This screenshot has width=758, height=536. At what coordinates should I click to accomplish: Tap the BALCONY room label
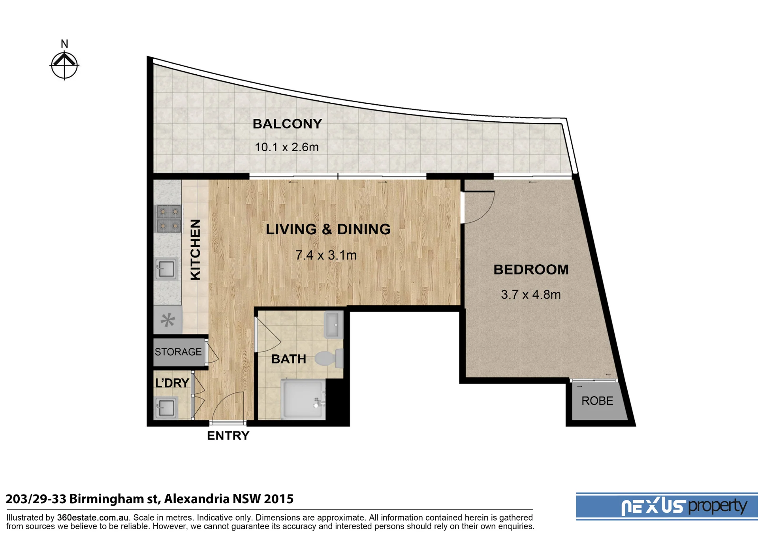click(x=287, y=124)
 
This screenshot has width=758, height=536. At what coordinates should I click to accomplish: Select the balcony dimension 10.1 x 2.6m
click(x=286, y=147)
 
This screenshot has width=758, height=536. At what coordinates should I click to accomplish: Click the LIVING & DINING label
click(x=328, y=229)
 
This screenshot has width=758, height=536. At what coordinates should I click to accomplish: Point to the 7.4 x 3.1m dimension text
click(x=326, y=255)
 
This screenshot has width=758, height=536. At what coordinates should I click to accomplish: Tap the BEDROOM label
click(x=531, y=270)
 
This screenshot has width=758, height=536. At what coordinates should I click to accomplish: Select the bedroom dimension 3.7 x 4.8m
click(x=530, y=295)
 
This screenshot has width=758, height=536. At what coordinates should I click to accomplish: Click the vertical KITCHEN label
click(x=196, y=250)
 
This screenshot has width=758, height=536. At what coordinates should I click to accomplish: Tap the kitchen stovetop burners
click(x=169, y=218)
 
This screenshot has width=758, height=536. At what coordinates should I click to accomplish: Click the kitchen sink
click(x=167, y=269)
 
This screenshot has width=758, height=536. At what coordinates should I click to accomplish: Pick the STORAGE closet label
click(x=178, y=352)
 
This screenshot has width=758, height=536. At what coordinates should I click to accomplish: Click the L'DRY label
click(x=172, y=383)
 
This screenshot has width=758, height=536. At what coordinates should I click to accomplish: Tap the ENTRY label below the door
click(x=228, y=436)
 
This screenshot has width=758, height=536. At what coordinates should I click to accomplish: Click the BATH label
click(x=289, y=359)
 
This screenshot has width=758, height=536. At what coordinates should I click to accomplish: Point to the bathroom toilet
click(x=329, y=358)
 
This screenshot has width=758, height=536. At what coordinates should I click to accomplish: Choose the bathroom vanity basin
click(x=333, y=325)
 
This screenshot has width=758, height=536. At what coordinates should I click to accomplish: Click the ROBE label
click(x=597, y=401)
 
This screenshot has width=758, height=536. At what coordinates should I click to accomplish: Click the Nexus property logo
click(x=667, y=506)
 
